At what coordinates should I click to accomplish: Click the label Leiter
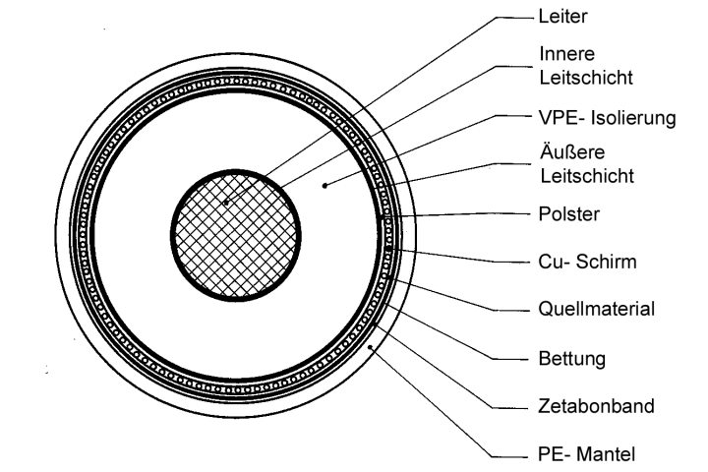tap(562, 17)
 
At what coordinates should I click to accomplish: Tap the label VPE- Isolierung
tap(608, 118)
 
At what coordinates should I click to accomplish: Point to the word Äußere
tap(568, 155)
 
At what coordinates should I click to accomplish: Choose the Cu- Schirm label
tap(585, 262)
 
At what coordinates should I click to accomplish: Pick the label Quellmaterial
tap(597, 309)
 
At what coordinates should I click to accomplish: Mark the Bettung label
tap(569, 357)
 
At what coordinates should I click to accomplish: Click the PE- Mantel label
tap(586, 452)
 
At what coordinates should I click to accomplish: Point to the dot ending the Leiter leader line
tap(226, 204)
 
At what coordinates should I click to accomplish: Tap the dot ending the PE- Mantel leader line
tap(369, 347)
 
